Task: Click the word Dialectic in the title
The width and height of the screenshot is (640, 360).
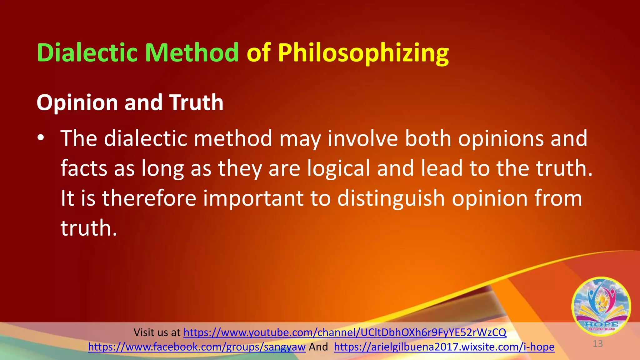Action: [87, 52]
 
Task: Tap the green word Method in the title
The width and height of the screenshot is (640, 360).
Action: [192, 52]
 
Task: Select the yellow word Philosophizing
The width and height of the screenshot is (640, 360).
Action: [363, 53]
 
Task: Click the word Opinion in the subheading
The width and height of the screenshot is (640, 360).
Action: [77, 103]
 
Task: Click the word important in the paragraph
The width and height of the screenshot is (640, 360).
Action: [253, 199]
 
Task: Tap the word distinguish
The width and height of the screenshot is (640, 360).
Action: [391, 199]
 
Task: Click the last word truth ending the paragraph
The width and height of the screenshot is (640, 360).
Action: [88, 228]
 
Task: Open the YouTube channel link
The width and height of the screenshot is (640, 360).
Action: [345, 332]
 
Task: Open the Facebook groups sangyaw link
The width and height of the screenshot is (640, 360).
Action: [197, 347]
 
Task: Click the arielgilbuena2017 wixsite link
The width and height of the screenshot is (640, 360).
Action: [444, 347]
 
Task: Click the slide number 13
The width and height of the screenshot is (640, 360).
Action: [597, 344]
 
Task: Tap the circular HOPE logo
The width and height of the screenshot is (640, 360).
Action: [601, 306]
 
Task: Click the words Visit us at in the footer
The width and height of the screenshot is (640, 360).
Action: [157, 332]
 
